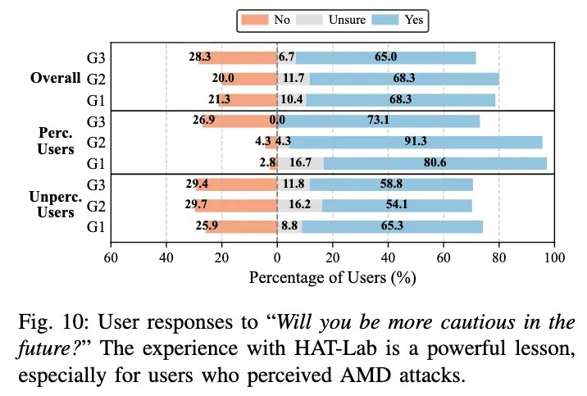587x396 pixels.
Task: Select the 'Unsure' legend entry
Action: (337, 20)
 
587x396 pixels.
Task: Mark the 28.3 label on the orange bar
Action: (200, 57)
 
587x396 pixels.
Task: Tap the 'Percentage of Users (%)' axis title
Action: (333, 278)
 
